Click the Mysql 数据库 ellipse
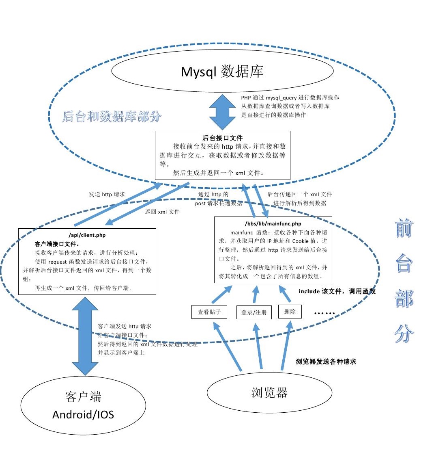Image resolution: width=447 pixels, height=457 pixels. (x=222, y=71)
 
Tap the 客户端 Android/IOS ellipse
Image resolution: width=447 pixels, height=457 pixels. (x=83, y=405)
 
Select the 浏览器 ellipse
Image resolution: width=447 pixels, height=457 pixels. (x=269, y=392)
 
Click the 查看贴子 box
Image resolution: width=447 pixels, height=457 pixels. (x=209, y=312)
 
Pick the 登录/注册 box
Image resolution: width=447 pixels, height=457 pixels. (x=254, y=312)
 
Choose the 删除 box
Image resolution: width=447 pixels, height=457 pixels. (x=290, y=312)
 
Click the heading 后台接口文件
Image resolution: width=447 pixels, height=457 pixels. (x=223, y=138)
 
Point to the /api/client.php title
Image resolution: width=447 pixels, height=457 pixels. (x=87, y=235)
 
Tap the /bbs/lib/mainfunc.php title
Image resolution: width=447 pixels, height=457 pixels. (x=273, y=223)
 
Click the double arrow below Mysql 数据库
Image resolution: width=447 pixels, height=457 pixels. (x=222, y=112)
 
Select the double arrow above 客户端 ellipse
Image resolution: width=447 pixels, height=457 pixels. (x=85, y=336)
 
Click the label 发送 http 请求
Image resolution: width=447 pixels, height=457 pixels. (x=107, y=194)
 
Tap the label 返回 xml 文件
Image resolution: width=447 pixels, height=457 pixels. (x=162, y=212)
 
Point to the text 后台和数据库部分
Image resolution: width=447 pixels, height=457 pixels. (x=112, y=117)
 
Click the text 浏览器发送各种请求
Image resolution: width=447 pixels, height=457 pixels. (x=326, y=362)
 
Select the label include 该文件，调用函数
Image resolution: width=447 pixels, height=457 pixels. (x=337, y=291)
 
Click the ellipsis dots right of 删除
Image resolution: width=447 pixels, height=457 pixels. (x=325, y=313)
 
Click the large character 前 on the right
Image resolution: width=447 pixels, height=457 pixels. (x=404, y=228)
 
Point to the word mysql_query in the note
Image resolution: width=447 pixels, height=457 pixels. (x=281, y=97)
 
